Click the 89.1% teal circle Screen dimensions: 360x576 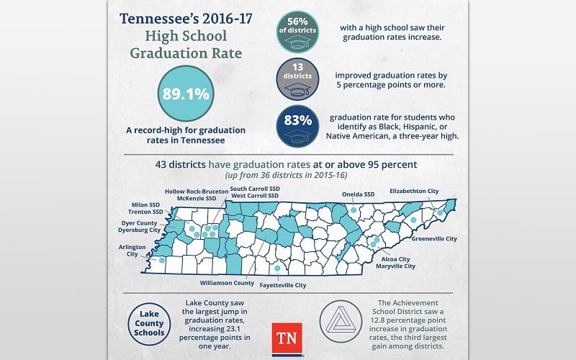tap(186, 94)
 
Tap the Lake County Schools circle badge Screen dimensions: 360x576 tap(148, 323)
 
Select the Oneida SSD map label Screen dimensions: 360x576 tap(358, 194)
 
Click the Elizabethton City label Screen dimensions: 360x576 tap(414, 191)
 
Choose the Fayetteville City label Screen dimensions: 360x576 tap(279, 285)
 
